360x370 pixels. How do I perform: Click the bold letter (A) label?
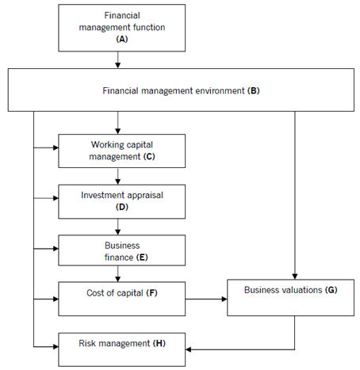pyautogui.click(x=122, y=39)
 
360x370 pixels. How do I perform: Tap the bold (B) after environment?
pyautogui.click(x=254, y=91)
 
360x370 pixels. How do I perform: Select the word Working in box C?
pyautogui.click(x=105, y=145)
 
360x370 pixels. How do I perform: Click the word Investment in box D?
pyautogui.click(x=100, y=195)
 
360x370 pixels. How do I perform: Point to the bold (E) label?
pyautogui.click(x=142, y=257)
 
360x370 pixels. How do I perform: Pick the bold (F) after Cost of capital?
pyautogui.click(x=151, y=293)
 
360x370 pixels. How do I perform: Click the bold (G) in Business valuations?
pyautogui.click(x=331, y=290)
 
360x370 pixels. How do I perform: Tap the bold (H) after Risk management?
pyautogui.click(x=159, y=343)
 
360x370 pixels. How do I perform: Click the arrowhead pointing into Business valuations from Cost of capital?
pyautogui.click(x=224, y=299)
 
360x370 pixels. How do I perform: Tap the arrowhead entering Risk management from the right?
pyautogui.click(x=188, y=349)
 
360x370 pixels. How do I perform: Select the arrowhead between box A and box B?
pyautogui.click(x=118, y=65)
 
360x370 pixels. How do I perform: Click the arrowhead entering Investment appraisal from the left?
pyautogui.click(x=56, y=198)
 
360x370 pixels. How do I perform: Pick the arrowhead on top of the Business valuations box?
pyautogui.click(x=295, y=277)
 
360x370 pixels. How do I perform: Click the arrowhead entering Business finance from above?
pyautogui.click(x=118, y=232)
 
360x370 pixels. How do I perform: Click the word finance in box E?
pyautogui.click(x=119, y=257)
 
